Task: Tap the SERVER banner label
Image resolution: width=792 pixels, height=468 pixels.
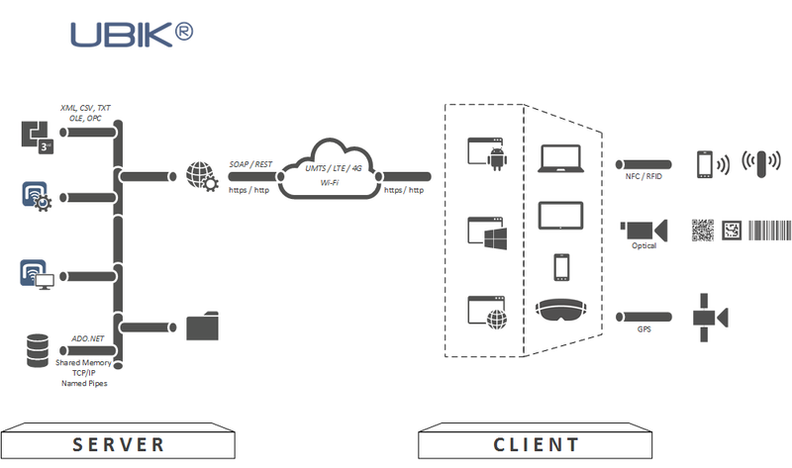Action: point(119,444)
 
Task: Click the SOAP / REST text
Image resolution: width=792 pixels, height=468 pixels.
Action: point(249,163)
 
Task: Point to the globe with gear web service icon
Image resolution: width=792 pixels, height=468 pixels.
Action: point(202,177)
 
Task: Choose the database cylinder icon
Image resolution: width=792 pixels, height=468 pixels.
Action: point(38,347)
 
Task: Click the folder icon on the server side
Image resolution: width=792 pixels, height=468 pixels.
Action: point(203,326)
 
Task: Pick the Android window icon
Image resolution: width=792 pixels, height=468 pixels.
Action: point(486,154)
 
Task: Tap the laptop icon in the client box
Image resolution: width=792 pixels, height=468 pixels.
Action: point(560,158)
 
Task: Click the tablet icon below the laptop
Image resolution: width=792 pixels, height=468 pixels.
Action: point(560,216)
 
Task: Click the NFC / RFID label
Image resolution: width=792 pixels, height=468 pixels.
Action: point(643,177)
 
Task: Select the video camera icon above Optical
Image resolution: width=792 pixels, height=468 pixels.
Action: point(644,230)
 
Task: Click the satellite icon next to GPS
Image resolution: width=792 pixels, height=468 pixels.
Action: point(709,317)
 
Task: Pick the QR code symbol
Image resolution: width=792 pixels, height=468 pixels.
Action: point(703,230)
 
